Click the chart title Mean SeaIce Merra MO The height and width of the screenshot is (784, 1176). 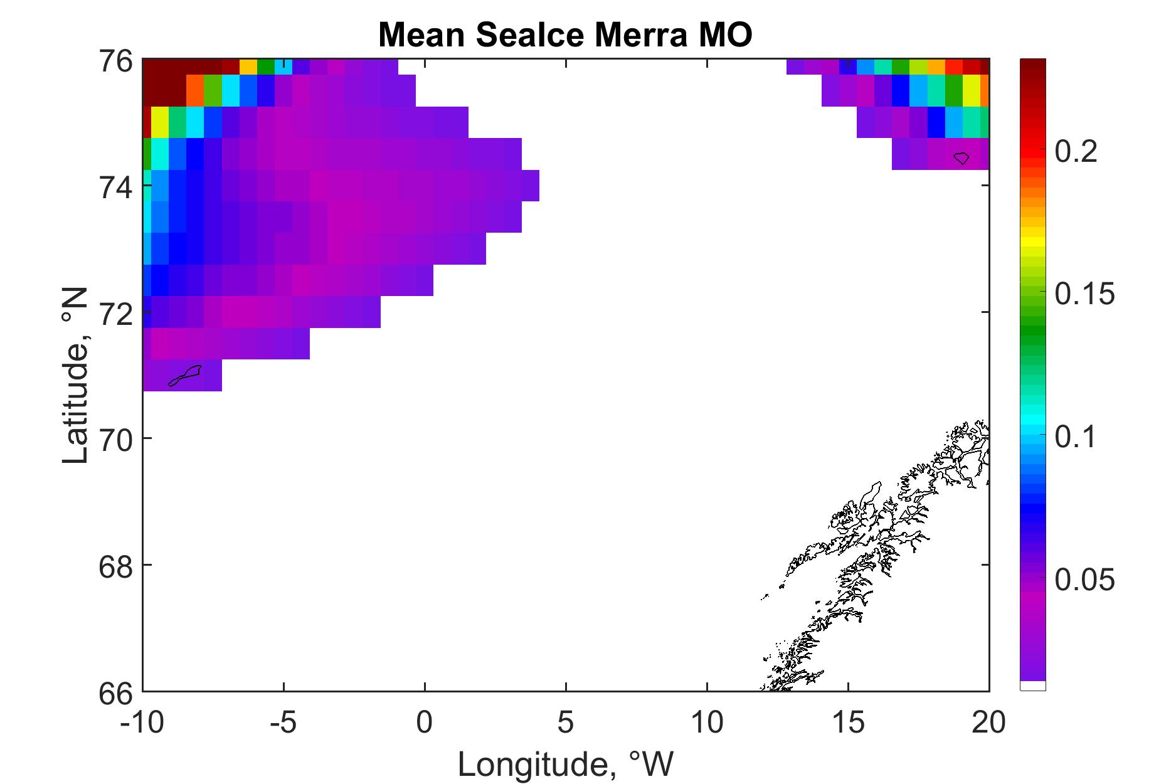[565, 36]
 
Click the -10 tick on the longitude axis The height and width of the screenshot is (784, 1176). [142, 723]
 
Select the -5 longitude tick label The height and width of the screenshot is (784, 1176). [283, 723]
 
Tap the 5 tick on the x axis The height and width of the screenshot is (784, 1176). [566, 723]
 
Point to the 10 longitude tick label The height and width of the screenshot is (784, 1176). [707, 723]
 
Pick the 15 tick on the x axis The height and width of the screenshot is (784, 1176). [848, 723]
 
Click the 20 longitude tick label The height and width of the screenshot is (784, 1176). [988, 723]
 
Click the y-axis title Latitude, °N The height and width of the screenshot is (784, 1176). [76, 376]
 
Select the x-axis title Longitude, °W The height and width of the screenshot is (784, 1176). [566, 763]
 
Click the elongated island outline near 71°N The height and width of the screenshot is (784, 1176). [185, 376]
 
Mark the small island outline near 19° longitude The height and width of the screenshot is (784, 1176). [961, 158]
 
